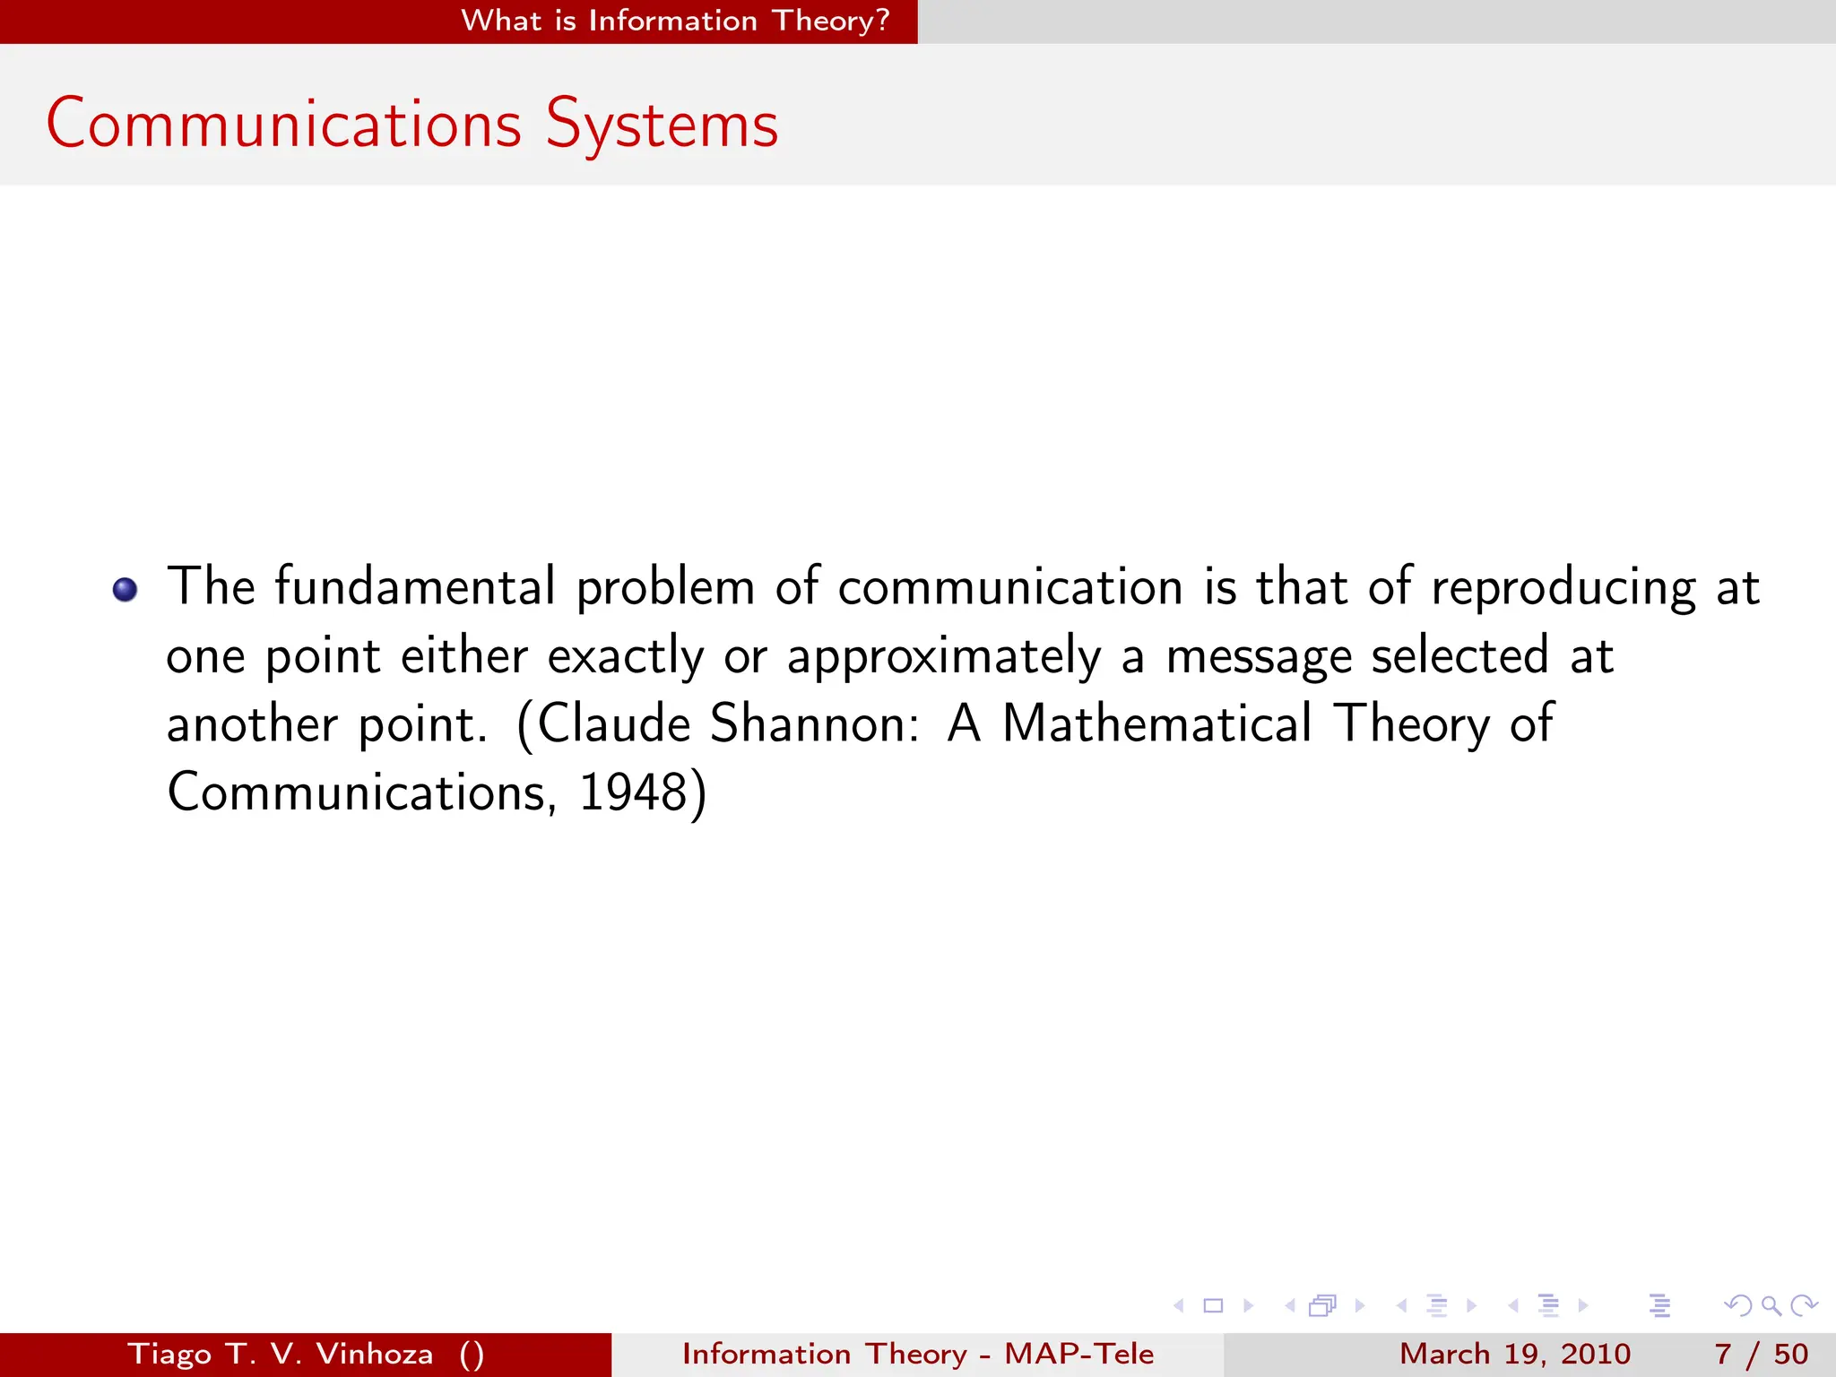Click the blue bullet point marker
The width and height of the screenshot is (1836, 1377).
[x=125, y=589]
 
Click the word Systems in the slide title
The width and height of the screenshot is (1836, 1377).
[x=662, y=125]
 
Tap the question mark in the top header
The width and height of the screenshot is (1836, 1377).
[x=882, y=20]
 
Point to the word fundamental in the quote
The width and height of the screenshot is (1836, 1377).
[x=415, y=587]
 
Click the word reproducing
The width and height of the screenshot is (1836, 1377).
[x=1563, y=589]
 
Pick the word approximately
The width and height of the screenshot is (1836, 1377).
[x=944, y=657]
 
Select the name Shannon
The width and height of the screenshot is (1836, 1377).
[x=815, y=723]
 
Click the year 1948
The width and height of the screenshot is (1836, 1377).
[x=633, y=792]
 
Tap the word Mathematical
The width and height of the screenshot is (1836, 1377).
[x=1156, y=723]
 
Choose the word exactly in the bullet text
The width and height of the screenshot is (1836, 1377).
[x=626, y=657]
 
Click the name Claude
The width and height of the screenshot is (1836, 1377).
[x=613, y=723]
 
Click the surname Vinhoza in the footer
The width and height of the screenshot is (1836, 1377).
[x=375, y=1354]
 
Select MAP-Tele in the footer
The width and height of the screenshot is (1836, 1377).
[x=1078, y=1354]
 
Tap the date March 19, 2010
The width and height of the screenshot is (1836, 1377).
[x=1515, y=1354]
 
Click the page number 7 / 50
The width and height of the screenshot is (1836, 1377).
[x=1761, y=1354]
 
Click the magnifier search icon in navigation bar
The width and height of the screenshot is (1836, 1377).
[x=1771, y=1305]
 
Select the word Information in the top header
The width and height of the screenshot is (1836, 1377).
[x=672, y=20]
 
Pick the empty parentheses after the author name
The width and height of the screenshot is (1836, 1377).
[x=472, y=1354]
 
